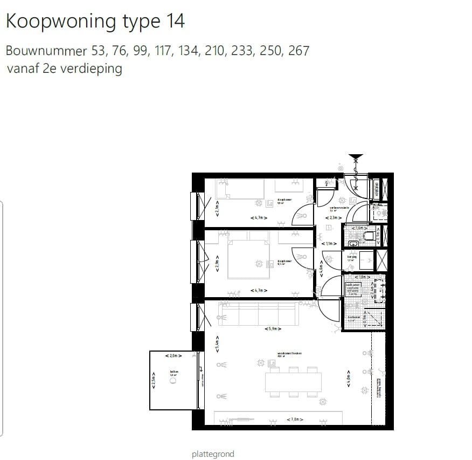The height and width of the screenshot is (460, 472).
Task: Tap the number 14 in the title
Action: pyautogui.click(x=173, y=21)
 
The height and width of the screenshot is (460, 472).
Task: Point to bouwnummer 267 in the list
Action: pyautogui.click(x=299, y=51)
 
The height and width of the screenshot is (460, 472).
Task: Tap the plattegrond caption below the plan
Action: pyautogui.click(x=213, y=454)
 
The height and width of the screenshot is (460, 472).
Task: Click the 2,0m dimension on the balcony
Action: pyautogui.click(x=173, y=356)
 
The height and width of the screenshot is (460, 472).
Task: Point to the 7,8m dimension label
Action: pyautogui.click(x=295, y=420)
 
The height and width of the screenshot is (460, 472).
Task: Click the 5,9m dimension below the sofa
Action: pyautogui.click(x=274, y=328)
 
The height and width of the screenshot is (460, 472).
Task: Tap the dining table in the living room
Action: pyautogui.click(x=294, y=382)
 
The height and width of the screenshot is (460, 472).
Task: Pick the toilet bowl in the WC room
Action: pyautogui.click(x=370, y=236)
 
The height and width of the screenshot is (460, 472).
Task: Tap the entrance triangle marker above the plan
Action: pyautogui.click(x=355, y=158)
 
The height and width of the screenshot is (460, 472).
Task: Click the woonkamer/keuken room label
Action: pyautogui.click(x=289, y=354)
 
